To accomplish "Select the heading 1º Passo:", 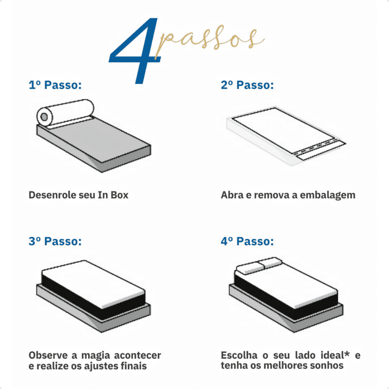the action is tap(55, 85).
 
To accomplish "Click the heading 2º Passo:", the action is tap(247, 85).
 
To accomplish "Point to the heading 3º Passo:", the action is tap(55, 241).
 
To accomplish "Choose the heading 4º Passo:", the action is tap(247, 241).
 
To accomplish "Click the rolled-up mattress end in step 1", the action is tap(45, 117).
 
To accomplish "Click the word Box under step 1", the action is tap(119, 195).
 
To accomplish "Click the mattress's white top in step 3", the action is tap(93, 284).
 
